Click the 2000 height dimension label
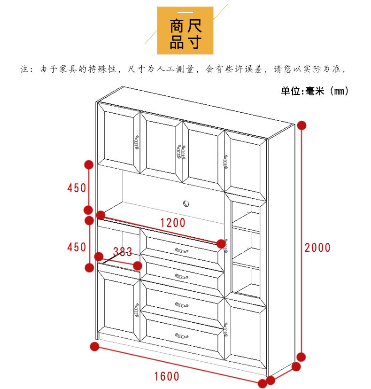pyautogui.click(x=317, y=247)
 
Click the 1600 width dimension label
pyautogui.click(x=167, y=376)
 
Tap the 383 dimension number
pyautogui.click(x=123, y=251)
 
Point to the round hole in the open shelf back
pyautogui.click(x=186, y=203)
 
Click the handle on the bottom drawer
pyautogui.click(x=182, y=335)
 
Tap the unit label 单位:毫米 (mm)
pyautogui.click(x=315, y=91)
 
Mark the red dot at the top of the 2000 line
pyautogui.click(x=301, y=125)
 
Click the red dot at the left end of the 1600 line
pyautogui.click(x=95, y=347)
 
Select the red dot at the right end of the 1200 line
pyautogui.click(x=221, y=243)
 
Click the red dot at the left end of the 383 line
pyautogui.click(x=99, y=257)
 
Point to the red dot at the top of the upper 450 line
pyautogui.click(x=88, y=164)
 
